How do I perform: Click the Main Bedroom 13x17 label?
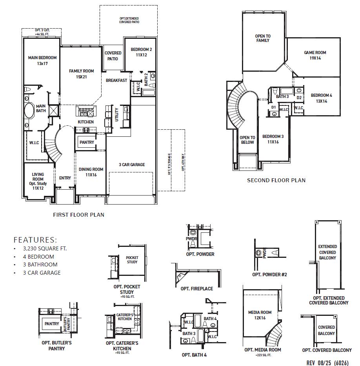42,60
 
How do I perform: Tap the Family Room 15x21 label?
82,74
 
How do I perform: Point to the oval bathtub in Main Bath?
29,111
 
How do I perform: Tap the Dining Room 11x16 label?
91,172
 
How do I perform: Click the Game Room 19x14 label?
315,55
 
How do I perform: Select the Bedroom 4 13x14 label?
321,98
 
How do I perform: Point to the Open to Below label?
247,140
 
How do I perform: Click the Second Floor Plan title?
276,180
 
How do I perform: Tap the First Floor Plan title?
78,215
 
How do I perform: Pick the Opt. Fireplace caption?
197,288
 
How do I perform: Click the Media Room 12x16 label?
260,315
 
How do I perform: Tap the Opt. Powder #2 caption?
269,275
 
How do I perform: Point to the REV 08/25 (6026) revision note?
327,362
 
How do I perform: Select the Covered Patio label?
113,56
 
